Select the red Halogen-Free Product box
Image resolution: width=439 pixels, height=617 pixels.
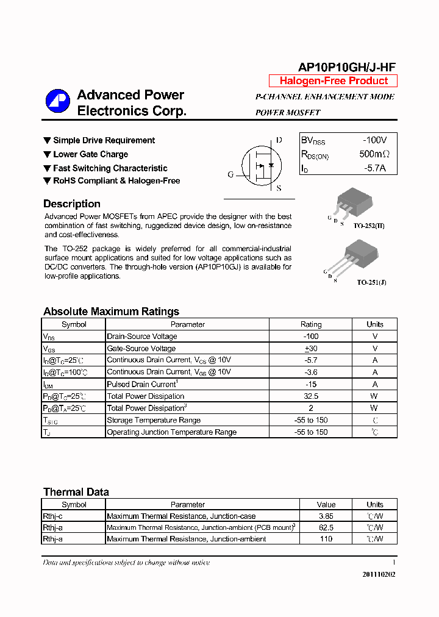(x=333, y=81)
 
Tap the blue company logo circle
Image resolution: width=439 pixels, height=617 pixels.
(x=58, y=102)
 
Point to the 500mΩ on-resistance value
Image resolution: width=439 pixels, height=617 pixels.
(x=374, y=154)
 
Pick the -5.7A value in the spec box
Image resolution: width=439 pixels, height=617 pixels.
(x=375, y=168)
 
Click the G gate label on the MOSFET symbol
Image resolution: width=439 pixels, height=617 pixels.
(x=230, y=175)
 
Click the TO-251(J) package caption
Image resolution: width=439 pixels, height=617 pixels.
(x=371, y=282)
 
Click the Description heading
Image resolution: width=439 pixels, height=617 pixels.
(x=72, y=204)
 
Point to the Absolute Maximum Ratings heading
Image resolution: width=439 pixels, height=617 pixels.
(x=111, y=312)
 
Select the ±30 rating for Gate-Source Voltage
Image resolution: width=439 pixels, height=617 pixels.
(x=310, y=348)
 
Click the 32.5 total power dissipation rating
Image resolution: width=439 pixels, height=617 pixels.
(x=310, y=396)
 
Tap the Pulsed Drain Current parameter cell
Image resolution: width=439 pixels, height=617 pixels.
(x=142, y=384)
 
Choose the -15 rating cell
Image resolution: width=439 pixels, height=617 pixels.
(x=310, y=384)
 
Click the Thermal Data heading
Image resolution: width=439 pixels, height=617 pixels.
(x=76, y=492)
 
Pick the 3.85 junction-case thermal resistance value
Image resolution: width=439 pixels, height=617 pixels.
(x=326, y=516)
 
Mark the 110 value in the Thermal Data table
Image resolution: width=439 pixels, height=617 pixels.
(x=326, y=539)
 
